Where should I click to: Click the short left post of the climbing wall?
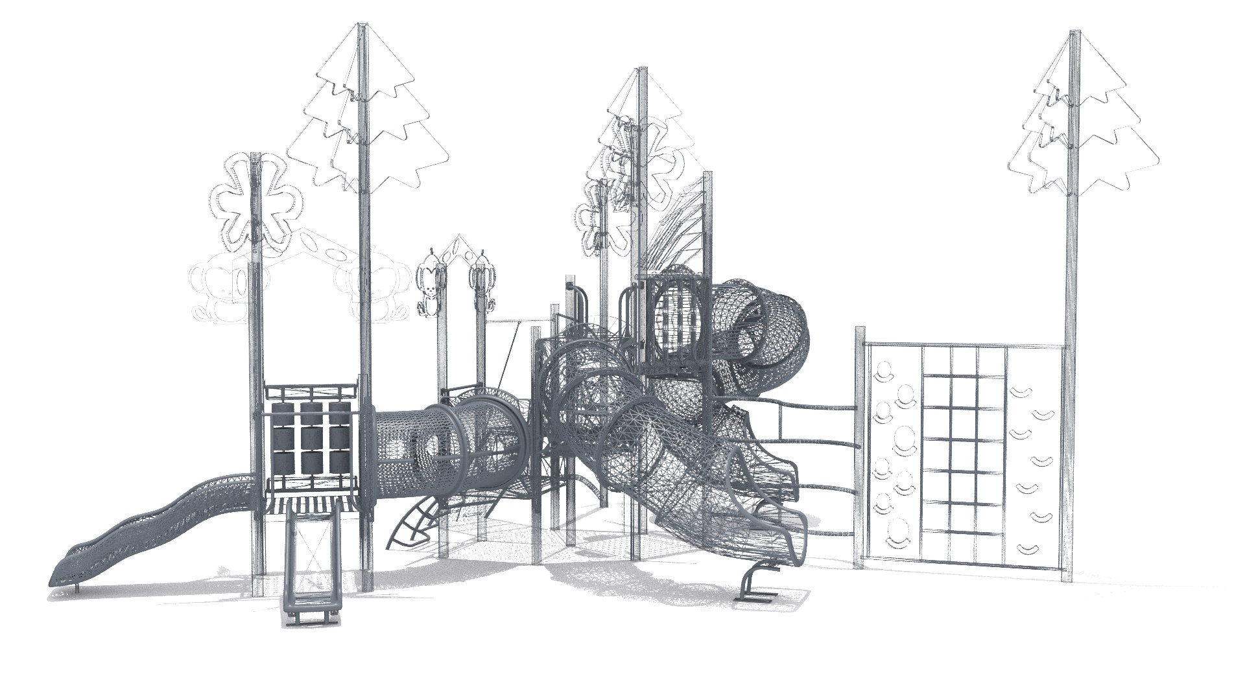pyautogui.click(x=860, y=447)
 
